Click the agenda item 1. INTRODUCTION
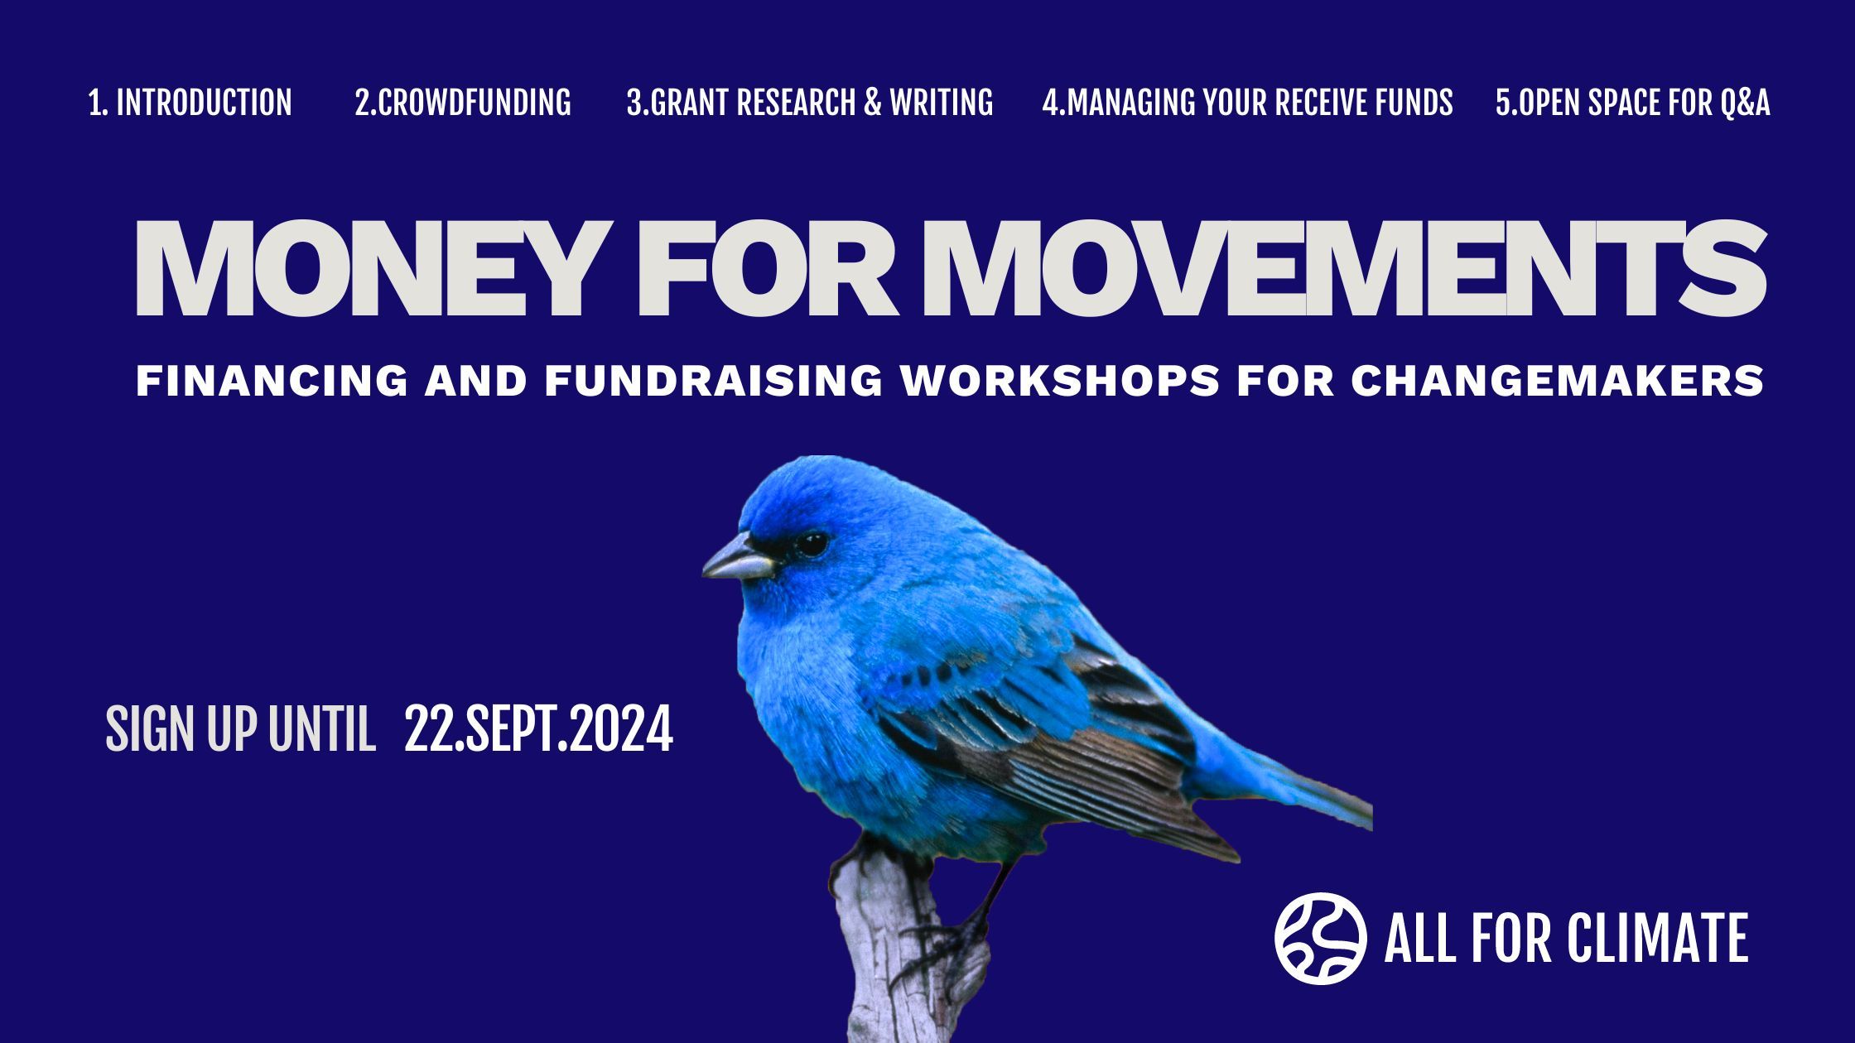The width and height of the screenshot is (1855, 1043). pos(190,103)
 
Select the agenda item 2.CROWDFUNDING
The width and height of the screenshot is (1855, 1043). pos(463,103)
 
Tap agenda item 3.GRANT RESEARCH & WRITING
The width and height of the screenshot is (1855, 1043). pos(810,103)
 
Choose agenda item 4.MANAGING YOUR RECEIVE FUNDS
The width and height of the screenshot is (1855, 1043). pos(1247,103)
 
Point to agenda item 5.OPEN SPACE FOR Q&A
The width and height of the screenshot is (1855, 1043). pos(1633,103)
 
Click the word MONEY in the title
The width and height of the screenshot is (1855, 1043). pos(365,268)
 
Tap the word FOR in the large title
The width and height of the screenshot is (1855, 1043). pos(767,268)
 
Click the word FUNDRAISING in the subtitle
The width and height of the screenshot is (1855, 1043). pos(714,381)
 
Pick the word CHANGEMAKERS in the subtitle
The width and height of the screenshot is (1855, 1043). pos(1557,381)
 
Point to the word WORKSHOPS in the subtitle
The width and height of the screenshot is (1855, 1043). pos(1060,381)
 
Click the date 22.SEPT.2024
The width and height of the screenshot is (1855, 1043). pos(538,729)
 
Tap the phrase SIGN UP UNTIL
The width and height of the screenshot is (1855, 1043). pos(240,729)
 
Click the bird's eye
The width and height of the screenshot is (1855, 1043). pos(811,544)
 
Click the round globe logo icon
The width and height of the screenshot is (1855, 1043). pos(1321,938)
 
